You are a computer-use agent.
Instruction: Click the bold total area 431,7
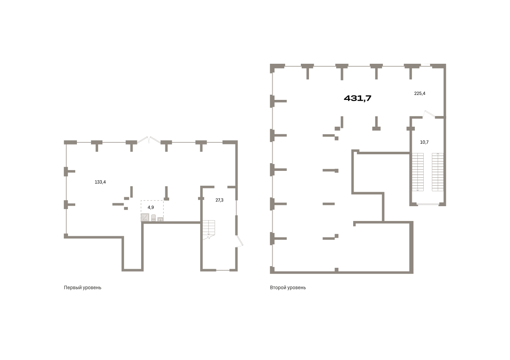[357, 98]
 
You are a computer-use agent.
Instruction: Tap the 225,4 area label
[419, 94]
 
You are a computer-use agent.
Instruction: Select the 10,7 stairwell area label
[424, 142]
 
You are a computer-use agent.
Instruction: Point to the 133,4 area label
[100, 182]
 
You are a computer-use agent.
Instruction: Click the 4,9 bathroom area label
[151, 207]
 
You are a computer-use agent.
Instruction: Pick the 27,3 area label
[219, 200]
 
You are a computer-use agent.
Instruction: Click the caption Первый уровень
[82, 288]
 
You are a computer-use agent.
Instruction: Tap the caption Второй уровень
[288, 288]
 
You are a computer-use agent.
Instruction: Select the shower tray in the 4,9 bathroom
[145, 217]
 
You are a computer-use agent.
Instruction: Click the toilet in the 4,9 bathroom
[153, 218]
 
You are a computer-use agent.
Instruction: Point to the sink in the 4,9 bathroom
[160, 219]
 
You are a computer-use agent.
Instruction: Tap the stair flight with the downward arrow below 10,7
[417, 172]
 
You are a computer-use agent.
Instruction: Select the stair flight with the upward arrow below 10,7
[438, 172]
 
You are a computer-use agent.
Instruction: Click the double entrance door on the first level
[149, 140]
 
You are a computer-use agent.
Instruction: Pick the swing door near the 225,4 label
[429, 114]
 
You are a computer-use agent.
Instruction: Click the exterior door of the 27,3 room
[240, 241]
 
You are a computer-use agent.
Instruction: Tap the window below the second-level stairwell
[428, 204]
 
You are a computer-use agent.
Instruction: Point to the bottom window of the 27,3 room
[223, 270]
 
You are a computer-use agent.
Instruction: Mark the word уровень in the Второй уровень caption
[297, 288]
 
